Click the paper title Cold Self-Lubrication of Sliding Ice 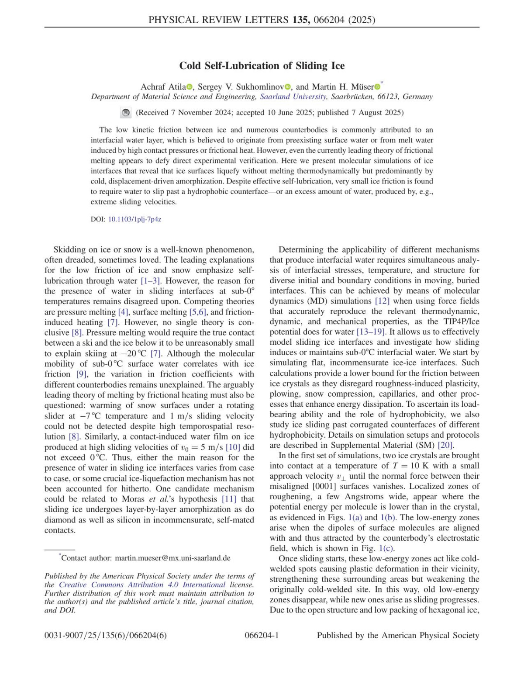click(262, 66)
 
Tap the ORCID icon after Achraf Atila click(190, 87)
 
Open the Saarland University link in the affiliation click(293, 97)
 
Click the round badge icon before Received click(126, 113)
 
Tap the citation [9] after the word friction click(82, 374)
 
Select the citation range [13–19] click(372, 332)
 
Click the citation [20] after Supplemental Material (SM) click(445, 446)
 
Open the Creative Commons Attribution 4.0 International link click(142, 585)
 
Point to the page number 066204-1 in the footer click(262, 636)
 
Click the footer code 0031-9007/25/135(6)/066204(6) click(106, 636)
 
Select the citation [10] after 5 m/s click(233, 447)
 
